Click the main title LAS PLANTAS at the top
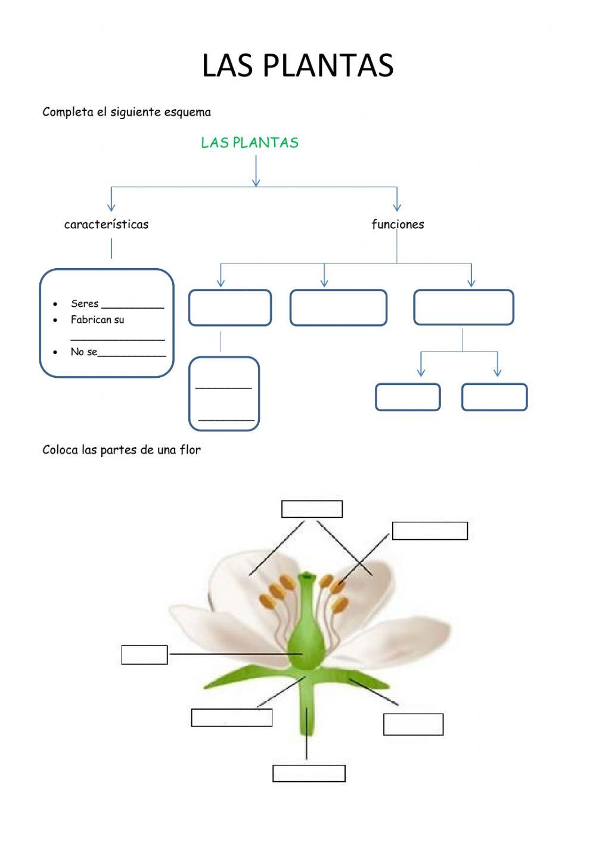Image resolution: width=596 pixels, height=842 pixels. coord(297,66)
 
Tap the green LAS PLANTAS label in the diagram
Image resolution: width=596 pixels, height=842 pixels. coord(249,142)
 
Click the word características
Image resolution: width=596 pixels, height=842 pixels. coord(106,225)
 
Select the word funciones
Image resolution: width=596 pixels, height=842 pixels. coord(398,225)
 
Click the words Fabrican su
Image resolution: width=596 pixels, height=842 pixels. coord(97,320)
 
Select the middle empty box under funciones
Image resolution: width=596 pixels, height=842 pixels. coord(338,307)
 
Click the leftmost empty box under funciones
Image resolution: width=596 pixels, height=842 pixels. coord(230,307)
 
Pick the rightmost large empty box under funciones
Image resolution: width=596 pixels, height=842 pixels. coord(463,307)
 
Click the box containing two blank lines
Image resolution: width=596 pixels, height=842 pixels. coord(224,393)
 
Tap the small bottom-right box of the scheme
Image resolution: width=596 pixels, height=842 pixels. coord(494,397)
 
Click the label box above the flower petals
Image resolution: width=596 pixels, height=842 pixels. coord(312,509)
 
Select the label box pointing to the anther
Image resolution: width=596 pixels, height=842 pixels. coord(430,531)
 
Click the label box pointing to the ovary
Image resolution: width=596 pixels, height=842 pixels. coord(144,654)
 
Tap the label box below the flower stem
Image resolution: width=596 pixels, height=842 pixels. coord(309,773)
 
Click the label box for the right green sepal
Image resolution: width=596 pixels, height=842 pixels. coord(413,725)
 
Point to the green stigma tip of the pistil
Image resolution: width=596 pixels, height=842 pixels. coord(306,576)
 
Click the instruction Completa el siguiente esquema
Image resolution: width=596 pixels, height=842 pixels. coord(126,112)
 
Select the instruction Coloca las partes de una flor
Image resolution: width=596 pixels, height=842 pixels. coord(122,450)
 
